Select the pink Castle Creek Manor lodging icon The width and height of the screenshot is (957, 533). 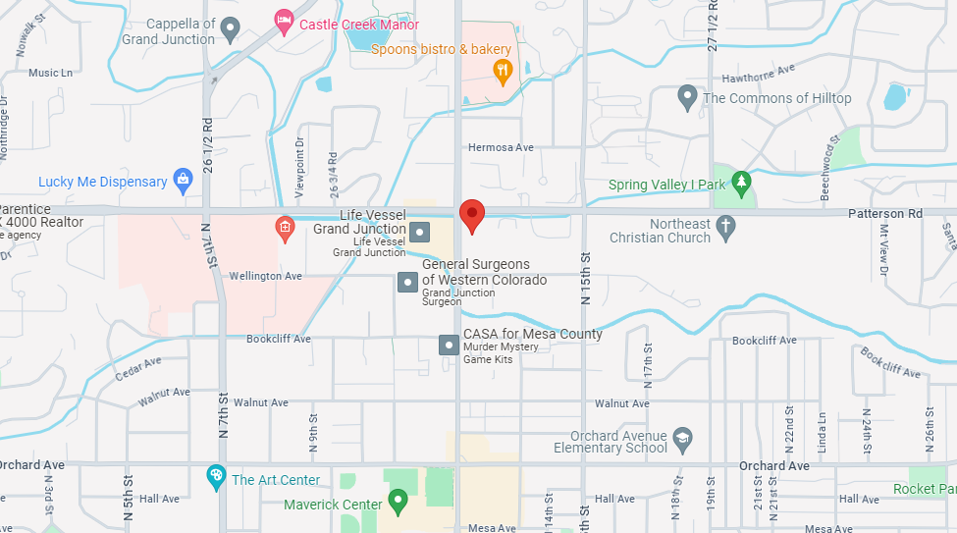284,20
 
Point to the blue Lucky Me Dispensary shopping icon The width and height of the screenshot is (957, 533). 183,180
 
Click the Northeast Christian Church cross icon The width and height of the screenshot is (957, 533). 725,228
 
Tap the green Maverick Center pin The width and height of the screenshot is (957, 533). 398,503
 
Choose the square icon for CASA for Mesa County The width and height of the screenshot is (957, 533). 449,345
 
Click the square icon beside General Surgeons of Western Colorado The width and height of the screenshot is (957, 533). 407,283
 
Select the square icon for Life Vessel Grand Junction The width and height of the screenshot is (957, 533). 420,233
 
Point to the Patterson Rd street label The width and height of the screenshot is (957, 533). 887,213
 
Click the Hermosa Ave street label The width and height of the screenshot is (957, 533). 501,147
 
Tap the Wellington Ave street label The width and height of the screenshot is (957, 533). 265,277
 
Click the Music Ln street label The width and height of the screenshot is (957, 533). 51,73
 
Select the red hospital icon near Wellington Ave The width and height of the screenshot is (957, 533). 284,229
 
